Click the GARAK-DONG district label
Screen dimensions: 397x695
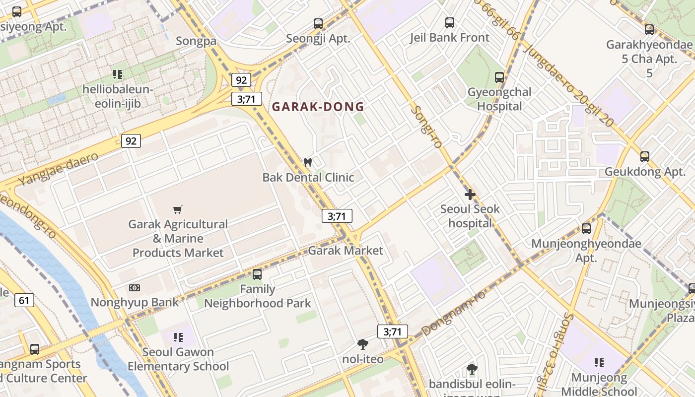coord(318,107)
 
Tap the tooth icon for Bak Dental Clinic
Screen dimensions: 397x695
coord(307,162)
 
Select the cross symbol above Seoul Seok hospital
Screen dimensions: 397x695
coord(470,194)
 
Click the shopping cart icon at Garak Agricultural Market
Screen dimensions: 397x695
coord(178,210)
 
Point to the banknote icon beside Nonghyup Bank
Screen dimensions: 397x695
coord(135,288)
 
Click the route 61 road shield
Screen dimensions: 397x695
coord(24,300)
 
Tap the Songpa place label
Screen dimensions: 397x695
coord(197,41)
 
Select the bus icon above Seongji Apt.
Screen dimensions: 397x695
coord(318,23)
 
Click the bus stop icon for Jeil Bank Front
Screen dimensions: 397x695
coord(450,23)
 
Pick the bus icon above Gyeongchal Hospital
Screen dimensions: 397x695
coord(499,77)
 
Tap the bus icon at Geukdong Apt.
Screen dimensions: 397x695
coord(645,157)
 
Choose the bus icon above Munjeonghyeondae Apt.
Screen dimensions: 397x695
coord(586,229)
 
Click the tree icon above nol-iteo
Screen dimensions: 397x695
coord(363,344)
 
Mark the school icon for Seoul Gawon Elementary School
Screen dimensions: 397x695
coord(178,338)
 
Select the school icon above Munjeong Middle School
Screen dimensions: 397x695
coord(599,363)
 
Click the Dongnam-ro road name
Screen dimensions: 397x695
coord(453,313)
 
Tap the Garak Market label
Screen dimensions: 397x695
coord(346,251)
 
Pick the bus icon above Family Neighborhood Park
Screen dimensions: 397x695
coord(257,274)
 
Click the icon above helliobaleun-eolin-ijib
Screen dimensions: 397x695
coord(118,74)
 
